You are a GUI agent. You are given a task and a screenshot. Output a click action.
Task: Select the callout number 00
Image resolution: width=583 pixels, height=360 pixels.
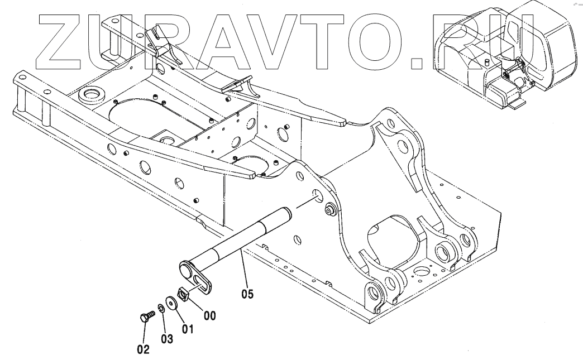(x=209, y=315)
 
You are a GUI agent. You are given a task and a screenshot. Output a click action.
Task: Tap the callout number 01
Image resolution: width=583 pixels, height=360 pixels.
(x=188, y=329)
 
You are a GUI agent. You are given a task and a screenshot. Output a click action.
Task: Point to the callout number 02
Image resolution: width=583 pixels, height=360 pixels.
(x=144, y=350)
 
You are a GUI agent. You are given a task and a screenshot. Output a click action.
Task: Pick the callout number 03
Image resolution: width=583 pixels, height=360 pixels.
(x=167, y=338)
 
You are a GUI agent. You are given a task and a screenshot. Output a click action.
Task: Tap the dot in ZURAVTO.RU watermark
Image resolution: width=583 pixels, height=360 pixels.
(x=419, y=65)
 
